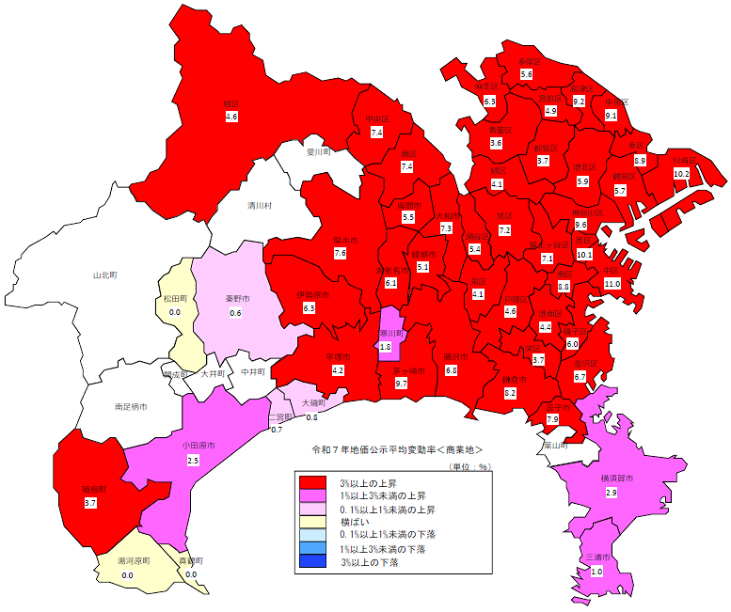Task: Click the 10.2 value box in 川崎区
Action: (x=682, y=174)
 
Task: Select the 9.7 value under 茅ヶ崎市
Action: (x=401, y=384)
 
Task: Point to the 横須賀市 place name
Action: (x=617, y=479)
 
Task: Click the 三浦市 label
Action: (x=596, y=557)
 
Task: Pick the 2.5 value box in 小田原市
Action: (x=193, y=461)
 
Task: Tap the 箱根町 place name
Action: (x=90, y=490)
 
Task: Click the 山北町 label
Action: (x=103, y=275)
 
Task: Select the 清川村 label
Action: (x=260, y=205)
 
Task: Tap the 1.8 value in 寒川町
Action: (x=385, y=346)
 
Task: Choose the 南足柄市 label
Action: (x=134, y=407)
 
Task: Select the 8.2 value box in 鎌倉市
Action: (x=510, y=393)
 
